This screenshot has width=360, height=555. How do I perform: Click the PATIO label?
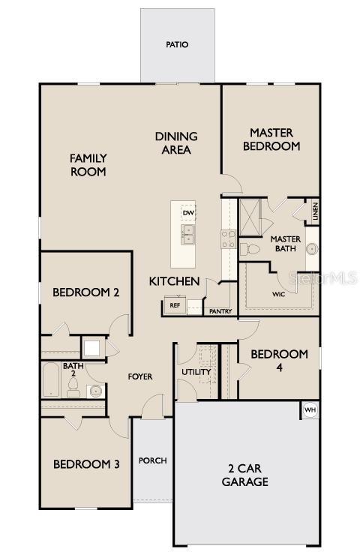click(177, 45)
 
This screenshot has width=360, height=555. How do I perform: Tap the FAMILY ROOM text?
click(88, 165)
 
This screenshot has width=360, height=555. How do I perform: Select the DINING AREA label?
click(176, 142)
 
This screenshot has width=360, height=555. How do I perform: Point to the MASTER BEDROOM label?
click(271, 139)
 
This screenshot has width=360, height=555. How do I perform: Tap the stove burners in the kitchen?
click(228, 238)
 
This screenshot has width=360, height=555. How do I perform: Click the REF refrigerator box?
click(174, 305)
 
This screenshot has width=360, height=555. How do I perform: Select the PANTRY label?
click(220, 311)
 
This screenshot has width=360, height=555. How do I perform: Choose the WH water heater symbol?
click(310, 410)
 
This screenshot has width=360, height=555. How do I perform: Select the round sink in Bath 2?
click(94, 390)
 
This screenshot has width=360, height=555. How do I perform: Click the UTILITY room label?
click(196, 372)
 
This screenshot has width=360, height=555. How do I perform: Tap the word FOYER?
click(139, 376)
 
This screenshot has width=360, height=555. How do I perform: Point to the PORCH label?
click(153, 460)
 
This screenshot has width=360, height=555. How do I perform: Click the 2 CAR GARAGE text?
click(244, 475)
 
